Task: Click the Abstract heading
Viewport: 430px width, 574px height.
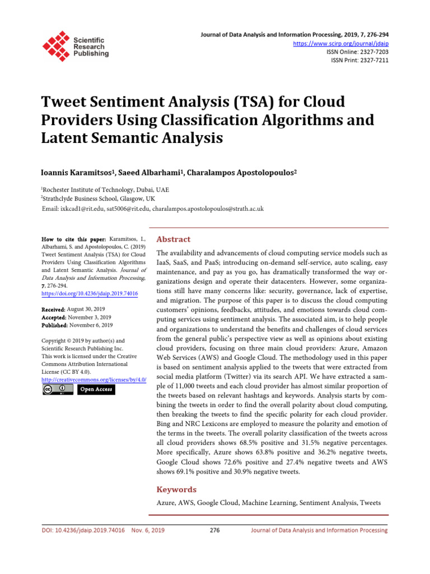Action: [x=173, y=239]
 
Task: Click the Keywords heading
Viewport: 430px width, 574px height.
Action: [x=176, y=489]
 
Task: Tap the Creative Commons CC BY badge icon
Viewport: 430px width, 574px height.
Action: [x=57, y=389]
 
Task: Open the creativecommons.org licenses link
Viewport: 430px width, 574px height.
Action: [x=94, y=379]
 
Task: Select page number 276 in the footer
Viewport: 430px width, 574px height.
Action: [x=214, y=530]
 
